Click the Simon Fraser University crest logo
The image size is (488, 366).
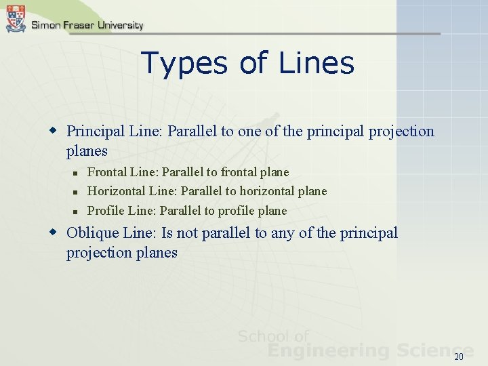tap(15, 18)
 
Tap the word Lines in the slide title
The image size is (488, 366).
tap(315, 63)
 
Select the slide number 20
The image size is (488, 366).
tap(459, 357)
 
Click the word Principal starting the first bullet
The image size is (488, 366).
tap(94, 131)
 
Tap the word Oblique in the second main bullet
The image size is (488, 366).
tap(92, 233)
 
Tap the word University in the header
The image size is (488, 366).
tap(120, 26)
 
